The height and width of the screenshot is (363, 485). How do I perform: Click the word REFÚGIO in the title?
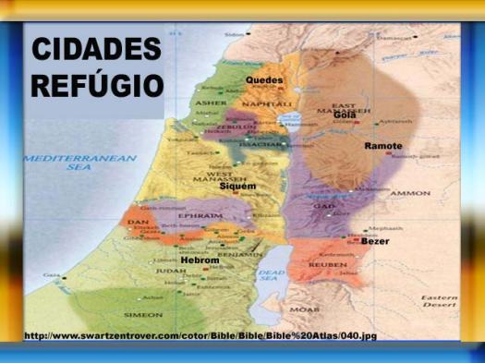click(x=96, y=86)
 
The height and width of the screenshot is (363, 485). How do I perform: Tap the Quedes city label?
click(x=264, y=80)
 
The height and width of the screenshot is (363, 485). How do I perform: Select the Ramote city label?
click(x=383, y=146)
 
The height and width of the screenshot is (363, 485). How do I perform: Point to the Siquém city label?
click(x=237, y=187)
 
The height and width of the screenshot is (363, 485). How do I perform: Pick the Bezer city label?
click(x=375, y=241)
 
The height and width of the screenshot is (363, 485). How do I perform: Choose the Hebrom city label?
click(x=200, y=260)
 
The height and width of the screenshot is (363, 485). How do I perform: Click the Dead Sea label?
click(x=273, y=274)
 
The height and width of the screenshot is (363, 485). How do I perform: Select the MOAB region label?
click(x=304, y=309)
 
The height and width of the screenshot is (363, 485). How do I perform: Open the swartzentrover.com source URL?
click(x=200, y=334)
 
